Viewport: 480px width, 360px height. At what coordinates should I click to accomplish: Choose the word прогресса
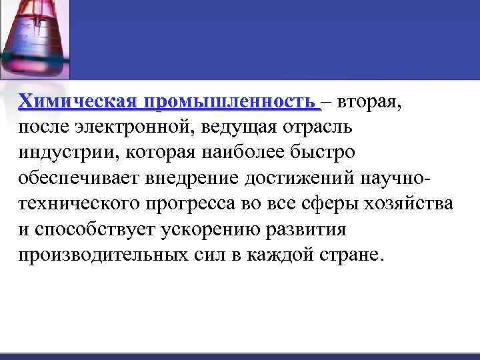pos(195,203)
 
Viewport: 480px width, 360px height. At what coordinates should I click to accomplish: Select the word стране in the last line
pos(351,254)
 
